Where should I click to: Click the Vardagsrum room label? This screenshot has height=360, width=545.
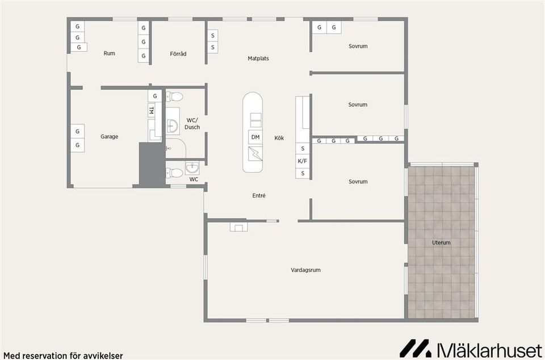(x=305, y=270)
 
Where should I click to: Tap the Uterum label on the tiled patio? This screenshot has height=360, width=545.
(x=441, y=242)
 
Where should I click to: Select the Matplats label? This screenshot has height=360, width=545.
(x=258, y=58)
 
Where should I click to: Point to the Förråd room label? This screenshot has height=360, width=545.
(x=178, y=54)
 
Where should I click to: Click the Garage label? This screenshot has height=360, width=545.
(x=110, y=137)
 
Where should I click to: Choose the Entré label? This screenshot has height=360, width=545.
(x=259, y=196)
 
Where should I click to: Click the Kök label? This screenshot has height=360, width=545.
(x=279, y=138)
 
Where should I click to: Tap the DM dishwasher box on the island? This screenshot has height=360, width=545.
(x=255, y=137)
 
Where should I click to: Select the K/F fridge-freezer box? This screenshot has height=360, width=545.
(x=303, y=161)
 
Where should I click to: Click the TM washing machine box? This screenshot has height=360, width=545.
(x=151, y=111)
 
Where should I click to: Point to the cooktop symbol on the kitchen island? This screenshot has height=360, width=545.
(x=255, y=154)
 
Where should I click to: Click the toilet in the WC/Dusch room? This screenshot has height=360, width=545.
(x=174, y=97)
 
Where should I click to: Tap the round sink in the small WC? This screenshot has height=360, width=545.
(x=192, y=168)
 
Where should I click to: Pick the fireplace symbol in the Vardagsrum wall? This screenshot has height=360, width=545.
(x=239, y=227)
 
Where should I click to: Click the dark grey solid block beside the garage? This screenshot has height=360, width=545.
(x=152, y=164)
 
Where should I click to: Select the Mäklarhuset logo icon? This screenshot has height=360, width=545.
(x=416, y=348)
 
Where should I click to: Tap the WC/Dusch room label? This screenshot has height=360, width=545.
(x=192, y=124)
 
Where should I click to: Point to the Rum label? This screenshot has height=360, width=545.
(x=109, y=53)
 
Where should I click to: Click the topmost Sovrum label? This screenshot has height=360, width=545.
(x=358, y=46)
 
